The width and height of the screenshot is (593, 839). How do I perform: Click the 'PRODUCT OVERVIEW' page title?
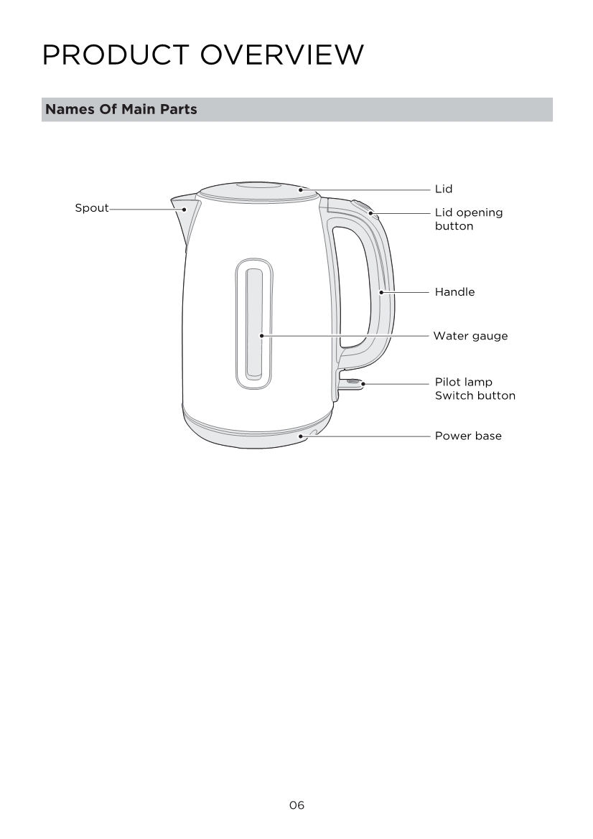[203, 55]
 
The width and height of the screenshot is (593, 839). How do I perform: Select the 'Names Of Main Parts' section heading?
[121, 109]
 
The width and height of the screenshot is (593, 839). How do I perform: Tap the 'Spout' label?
[91, 208]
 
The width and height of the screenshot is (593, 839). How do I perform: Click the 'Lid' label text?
[444, 189]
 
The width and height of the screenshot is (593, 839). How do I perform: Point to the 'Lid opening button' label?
[469, 220]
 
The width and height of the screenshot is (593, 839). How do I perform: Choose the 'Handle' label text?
[455, 292]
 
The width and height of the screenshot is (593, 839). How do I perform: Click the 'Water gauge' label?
[470, 336]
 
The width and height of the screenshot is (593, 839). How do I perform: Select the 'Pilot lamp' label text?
[464, 382]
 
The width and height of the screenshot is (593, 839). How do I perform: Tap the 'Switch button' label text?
[475, 396]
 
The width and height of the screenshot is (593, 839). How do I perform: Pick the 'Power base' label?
[468, 436]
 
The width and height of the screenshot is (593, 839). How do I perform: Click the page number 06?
[296, 805]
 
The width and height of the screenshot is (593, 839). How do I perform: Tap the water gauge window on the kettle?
[254, 324]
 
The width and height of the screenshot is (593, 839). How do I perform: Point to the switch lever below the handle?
[351, 383]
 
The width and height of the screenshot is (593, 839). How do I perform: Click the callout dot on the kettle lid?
[301, 189]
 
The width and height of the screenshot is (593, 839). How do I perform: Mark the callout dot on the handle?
[381, 292]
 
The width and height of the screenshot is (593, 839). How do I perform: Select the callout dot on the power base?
[301, 436]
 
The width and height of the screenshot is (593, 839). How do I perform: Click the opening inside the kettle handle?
[351, 286]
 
